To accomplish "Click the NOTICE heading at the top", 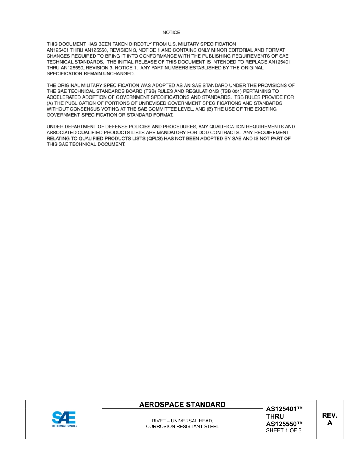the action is tap(171, 33).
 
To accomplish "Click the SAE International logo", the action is tap(64, 419).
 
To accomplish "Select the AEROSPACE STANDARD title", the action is tap(182, 405).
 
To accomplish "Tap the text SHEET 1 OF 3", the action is tap(284, 430).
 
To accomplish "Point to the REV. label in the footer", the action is tap(330, 416).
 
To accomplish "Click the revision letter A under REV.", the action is tap(330, 423).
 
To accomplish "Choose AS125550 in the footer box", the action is tap(285, 424).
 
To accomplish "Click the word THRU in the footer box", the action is tap(275, 416).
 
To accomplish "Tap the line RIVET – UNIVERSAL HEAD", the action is tap(182, 421).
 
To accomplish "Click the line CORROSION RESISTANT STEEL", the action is tap(182, 427).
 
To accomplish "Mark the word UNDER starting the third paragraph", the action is tap(54, 127).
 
